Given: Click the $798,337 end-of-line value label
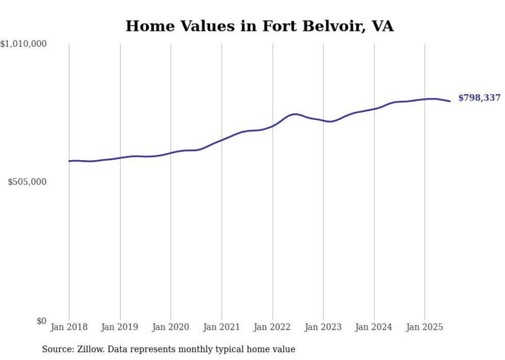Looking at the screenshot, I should [479, 98].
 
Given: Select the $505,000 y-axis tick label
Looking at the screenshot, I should [27, 182].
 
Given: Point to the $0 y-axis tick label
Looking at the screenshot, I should [41, 321].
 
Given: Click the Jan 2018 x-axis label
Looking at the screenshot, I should [69, 327].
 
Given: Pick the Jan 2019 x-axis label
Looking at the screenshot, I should [120, 327].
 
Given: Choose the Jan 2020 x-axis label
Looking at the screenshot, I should [171, 327].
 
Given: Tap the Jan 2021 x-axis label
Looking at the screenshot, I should [222, 327].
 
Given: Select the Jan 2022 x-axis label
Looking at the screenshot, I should [273, 327].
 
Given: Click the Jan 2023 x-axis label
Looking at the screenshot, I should [323, 327].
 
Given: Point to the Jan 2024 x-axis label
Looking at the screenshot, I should [374, 327].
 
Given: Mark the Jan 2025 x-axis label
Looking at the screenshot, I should [425, 327].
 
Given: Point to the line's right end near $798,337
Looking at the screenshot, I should [450, 101].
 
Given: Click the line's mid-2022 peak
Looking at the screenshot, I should [295, 114].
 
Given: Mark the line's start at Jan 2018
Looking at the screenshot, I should [69, 161].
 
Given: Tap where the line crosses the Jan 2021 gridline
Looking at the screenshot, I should [222, 140].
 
